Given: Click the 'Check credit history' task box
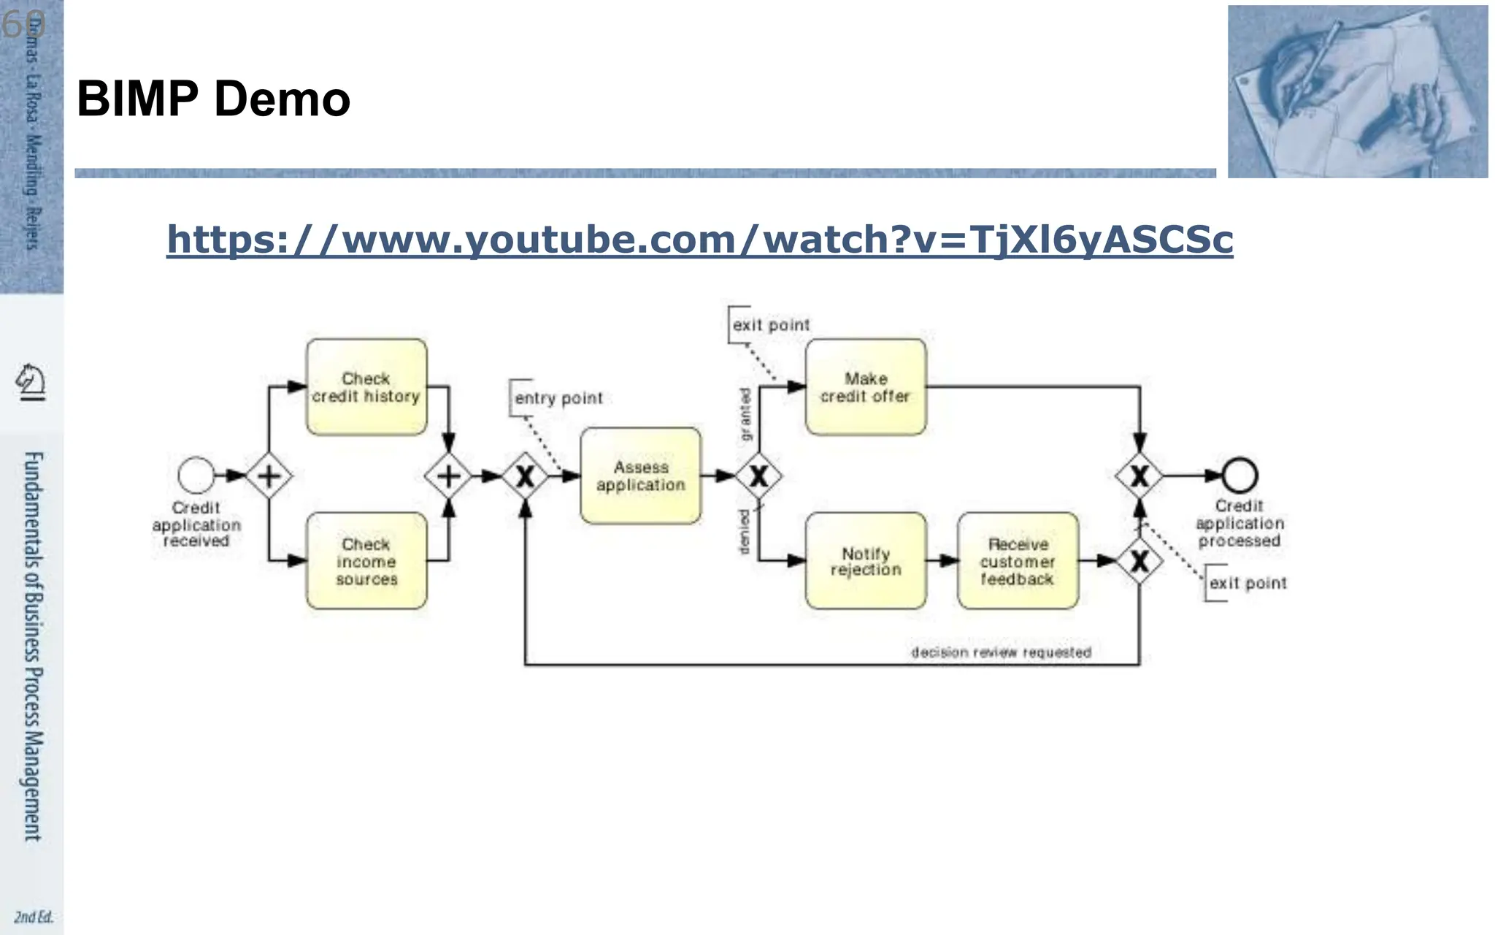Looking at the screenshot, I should pyautogui.click(x=366, y=387).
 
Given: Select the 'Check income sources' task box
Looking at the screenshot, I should pyautogui.click(x=366, y=561).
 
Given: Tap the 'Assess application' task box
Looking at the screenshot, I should pyautogui.click(x=641, y=476).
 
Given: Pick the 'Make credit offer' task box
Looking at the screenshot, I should pyautogui.click(x=866, y=387).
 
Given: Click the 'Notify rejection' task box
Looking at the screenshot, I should pyautogui.click(x=866, y=561).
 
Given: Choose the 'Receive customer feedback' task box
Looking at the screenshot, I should pyautogui.click(x=1018, y=561).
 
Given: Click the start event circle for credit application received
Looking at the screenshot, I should pyautogui.click(x=196, y=476).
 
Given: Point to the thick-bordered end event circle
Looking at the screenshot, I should pyautogui.click(x=1240, y=476).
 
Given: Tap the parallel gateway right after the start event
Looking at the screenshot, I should pyautogui.click(x=269, y=476).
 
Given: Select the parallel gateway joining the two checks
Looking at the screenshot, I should pyautogui.click(x=448, y=476).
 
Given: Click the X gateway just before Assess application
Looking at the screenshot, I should pyautogui.click(x=525, y=476).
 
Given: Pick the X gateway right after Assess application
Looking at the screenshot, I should pyautogui.click(x=758, y=476).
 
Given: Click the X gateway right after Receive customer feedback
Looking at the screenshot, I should pyautogui.click(x=1139, y=561).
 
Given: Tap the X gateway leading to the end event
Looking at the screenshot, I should pyautogui.click(x=1139, y=476).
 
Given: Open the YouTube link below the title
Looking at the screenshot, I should pyautogui.click(x=699, y=240).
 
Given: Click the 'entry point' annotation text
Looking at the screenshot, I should pyautogui.click(x=558, y=398).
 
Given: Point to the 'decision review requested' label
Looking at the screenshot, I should pyautogui.click(x=1001, y=652).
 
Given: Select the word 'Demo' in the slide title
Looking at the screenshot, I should pyautogui.click(x=282, y=99).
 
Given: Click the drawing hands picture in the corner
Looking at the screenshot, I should pyautogui.click(x=1357, y=91).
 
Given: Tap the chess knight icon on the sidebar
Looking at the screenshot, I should pyautogui.click(x=31, y=381).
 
